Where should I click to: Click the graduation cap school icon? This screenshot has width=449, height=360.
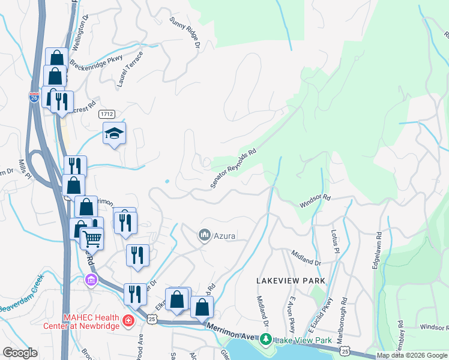point(114,133)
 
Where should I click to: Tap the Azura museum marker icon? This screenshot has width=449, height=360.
point(203,234)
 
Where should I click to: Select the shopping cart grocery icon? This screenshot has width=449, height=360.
point(92,238)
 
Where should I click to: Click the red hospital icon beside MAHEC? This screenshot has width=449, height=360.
point(128,321)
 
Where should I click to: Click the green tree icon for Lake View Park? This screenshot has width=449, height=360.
point(266,340)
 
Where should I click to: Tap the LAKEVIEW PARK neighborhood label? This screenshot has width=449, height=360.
point(291,281)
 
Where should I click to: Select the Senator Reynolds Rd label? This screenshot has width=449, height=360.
point(234,169)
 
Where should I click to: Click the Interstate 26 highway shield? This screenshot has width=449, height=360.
point(34,98)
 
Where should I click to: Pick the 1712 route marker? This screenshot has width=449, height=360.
point(107,113)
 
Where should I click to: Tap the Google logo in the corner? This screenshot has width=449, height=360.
point(20,353)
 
